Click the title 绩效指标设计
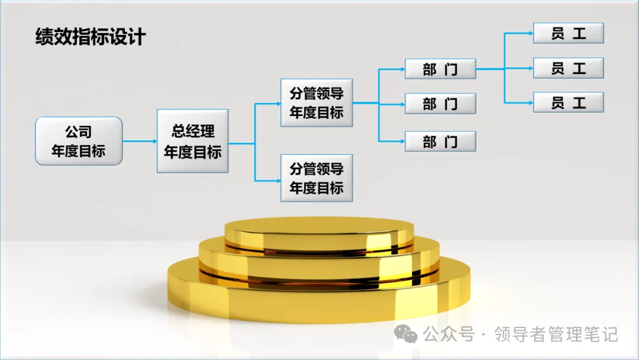click(x=90, y=37)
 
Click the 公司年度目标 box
click(x=79, y=141)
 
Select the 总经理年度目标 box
click(x=192, y=141)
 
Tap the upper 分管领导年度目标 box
click(x=317, y=102)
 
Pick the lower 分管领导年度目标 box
click(x=317, y=178)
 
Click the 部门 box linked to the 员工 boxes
click(x=440, y=69)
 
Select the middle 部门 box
click(x=440, y=104)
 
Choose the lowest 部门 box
click(x=440, y=142)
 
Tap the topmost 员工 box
click(x=568, y=33)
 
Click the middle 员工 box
click(x=568, y=68)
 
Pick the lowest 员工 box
click(x=568, y=102)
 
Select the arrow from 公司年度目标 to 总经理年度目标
click(x=140, y=142)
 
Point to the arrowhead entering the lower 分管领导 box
click(x=277, y=179)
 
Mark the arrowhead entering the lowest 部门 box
click(x=402, y=142)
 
